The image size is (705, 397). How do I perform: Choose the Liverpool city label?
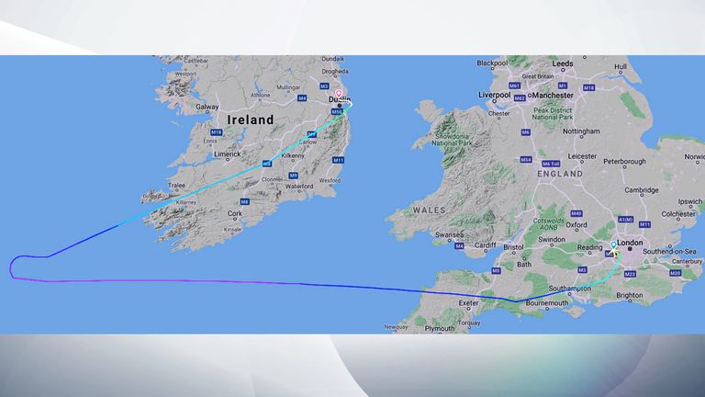[499, 95]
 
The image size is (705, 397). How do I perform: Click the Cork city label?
[235, 213]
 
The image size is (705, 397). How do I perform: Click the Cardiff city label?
[487, 245]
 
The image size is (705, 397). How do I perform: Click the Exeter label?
[469, 301]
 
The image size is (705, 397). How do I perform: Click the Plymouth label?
[440, 327]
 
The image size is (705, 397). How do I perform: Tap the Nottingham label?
[581, 131]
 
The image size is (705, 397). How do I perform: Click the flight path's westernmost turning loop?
[14, 267]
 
